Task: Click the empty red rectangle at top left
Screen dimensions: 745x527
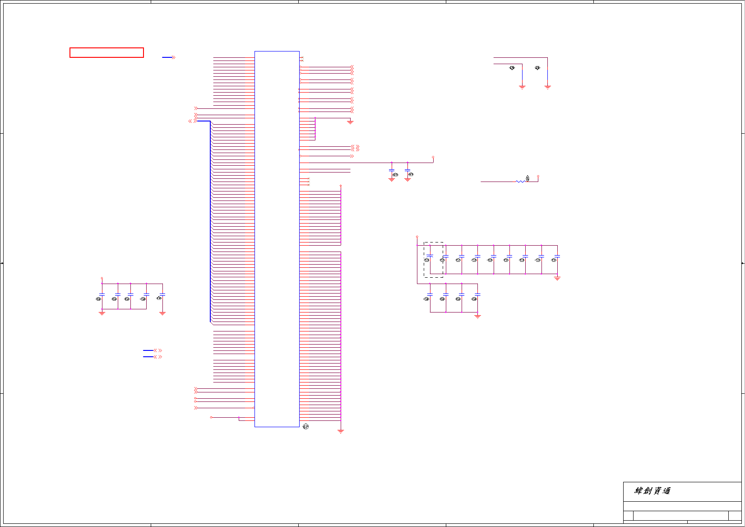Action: point(106,53)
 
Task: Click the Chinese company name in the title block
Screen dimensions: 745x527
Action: point(652,491)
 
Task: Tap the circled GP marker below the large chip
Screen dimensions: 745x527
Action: point(305,427)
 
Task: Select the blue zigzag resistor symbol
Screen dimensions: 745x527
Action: point(521,182)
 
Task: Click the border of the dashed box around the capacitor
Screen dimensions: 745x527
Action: point(424,260)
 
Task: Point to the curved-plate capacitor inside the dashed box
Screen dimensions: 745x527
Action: point(430,256)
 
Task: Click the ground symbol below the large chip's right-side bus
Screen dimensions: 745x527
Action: point(341,431)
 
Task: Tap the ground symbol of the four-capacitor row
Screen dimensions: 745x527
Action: point(477,317)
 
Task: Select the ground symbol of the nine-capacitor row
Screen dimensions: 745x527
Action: point(557,279)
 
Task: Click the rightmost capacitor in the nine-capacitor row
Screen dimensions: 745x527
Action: point(557,257)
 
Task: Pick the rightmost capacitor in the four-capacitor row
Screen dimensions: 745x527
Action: point(477,295)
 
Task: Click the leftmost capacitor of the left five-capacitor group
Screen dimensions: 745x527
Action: point(102,295)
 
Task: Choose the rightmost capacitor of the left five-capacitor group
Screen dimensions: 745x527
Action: point(162,295)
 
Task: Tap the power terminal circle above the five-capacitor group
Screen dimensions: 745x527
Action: point(102,279)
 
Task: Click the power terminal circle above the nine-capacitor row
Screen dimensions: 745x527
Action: point(417,237)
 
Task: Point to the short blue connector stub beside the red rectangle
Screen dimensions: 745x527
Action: point(167,57)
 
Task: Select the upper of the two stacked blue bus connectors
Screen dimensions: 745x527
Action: point(148,350)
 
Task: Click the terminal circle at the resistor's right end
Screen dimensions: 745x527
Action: point(538,177)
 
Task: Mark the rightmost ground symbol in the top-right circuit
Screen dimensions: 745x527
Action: point(548,87)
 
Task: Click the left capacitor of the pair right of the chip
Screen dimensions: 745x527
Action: point(392,171)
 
